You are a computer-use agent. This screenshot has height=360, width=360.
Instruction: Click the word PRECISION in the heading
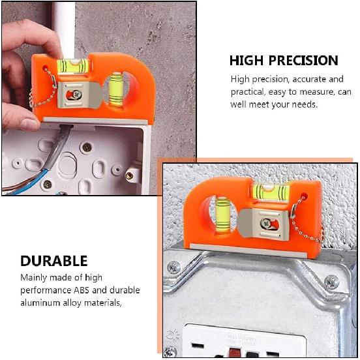tap(301, 61)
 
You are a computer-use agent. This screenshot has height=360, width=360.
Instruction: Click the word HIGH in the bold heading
tap(246, 61)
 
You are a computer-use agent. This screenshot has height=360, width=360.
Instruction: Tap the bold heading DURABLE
tap(53, 262)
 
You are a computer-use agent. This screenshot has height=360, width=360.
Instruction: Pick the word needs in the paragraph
tap(303, 104)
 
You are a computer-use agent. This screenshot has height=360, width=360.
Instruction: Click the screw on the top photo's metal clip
tap(75, 94)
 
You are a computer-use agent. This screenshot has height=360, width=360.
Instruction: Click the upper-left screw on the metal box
tap(174, 267)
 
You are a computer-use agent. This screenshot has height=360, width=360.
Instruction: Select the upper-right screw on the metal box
tap(331, 281)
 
